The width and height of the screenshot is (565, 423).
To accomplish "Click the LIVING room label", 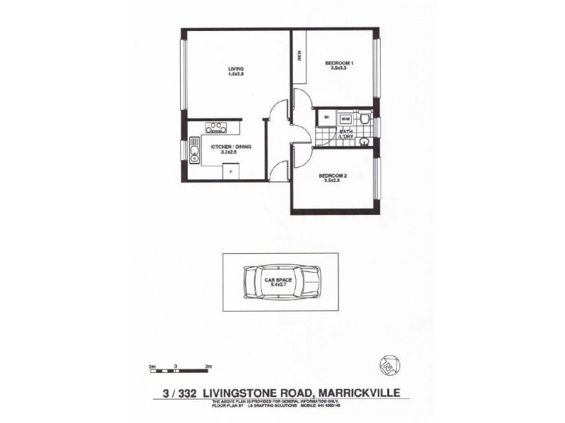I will pos(226,68).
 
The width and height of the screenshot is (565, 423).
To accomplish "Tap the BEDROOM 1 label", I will pos(339,63).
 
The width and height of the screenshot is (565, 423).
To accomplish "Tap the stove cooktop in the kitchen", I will pos(215,128).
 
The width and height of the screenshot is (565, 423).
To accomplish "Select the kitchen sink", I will pos(194,152).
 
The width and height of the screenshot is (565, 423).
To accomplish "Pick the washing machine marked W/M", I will pos(345,119).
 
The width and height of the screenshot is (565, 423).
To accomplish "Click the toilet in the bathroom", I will pos(363,121).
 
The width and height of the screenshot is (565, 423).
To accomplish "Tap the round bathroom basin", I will pos(364,142).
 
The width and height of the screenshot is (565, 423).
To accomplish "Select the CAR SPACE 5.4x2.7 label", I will pos(279,281).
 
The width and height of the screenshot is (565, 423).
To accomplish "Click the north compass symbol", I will pos(386,362).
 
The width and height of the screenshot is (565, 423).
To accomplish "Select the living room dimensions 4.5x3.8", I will pos(226,73).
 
